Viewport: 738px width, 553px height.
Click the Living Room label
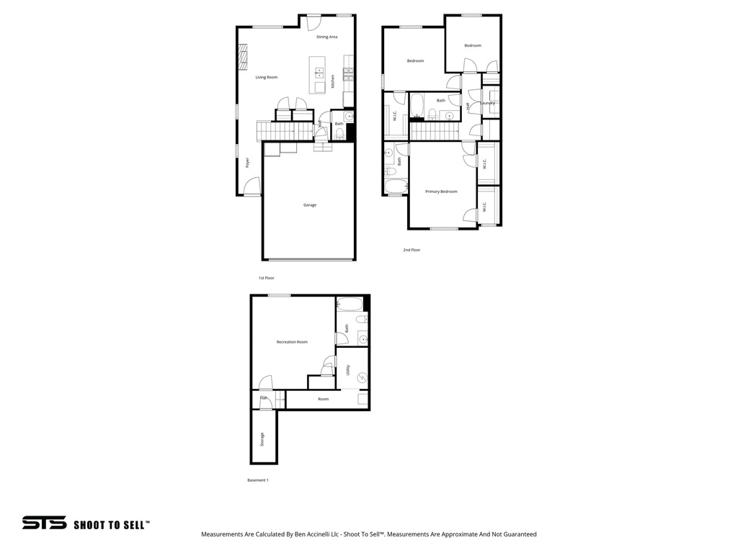tap(266, 77)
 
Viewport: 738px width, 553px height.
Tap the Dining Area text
tap(327, 37)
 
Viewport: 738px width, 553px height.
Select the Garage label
tap(310, 205)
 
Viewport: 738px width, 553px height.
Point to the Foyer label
tap(247, 163)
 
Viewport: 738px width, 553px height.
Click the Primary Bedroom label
tap(441, 192)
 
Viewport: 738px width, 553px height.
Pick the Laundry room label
tap(489, 103)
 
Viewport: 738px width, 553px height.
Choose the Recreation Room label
tap(292, 342)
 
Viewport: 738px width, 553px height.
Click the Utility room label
tap(348, 370)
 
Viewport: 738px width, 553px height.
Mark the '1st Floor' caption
tap(267, 278)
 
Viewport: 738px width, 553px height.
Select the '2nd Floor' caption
tap(412, 250)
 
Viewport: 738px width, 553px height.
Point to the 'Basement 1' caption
tap(258, 480)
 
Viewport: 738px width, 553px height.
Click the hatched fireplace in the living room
tap(243, 55)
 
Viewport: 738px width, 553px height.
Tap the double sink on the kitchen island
tap(319, 73)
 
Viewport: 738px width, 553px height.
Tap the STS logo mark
tap(44, 523)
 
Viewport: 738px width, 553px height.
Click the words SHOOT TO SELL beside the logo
tap(112, 525)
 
